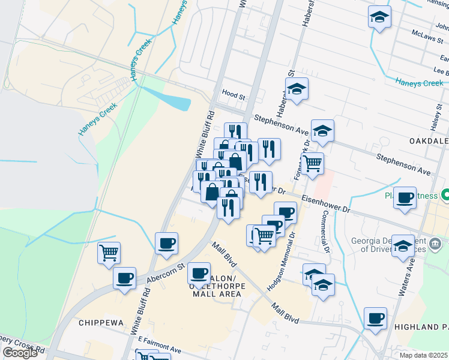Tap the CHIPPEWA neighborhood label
(101, 323)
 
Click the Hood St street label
(234, 96)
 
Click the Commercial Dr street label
(326, 231)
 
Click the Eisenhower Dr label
(325, 203)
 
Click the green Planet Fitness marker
(445, 195)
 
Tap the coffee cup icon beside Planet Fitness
(405, 197)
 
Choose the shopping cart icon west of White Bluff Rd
(109, 253)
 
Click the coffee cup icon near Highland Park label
(376, 318)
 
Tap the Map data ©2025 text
(424, 355)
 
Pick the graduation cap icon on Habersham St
(296, 89)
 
